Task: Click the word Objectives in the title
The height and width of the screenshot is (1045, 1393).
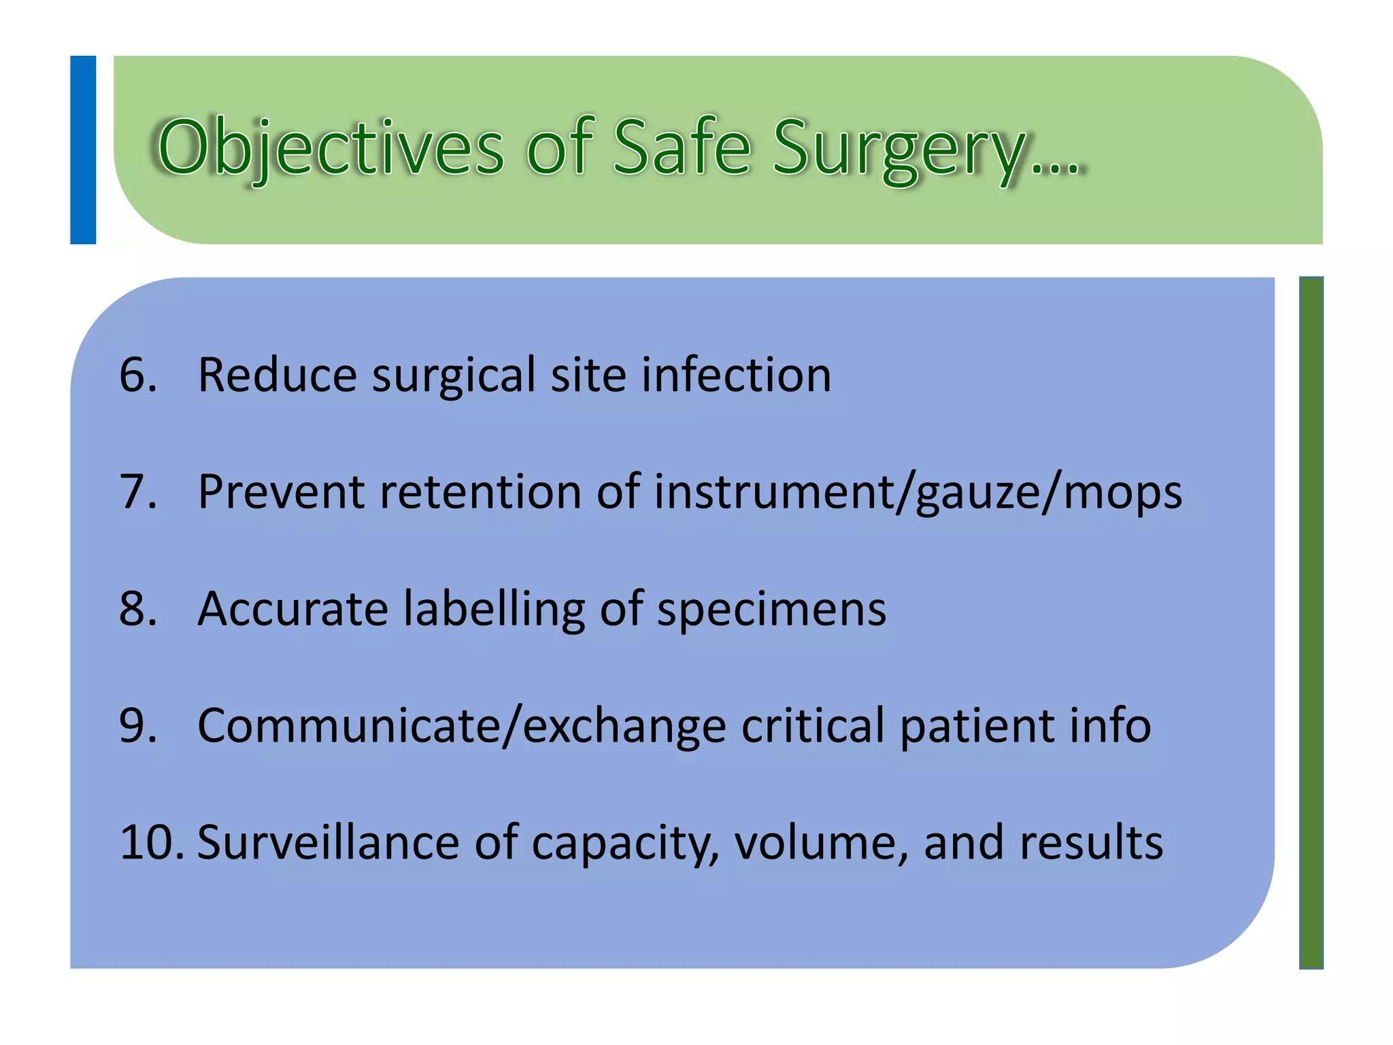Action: click(x=331, y=148)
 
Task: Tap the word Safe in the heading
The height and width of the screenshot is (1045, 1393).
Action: click(x=682, y=147)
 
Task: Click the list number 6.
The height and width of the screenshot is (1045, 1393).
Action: click(x=138, y=375)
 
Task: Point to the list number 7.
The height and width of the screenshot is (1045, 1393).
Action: click(x=138, y=491)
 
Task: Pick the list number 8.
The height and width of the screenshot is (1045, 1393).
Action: click(x=138, y=608)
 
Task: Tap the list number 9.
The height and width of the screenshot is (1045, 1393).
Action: click(x=138, y=725)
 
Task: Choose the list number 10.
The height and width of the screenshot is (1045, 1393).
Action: click(x=151, y=842)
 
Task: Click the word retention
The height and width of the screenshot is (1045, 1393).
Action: click(x=480, y=491)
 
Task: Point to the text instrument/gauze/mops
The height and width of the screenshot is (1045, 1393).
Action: click(x=918, y=493)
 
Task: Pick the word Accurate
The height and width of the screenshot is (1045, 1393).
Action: click(x=292, y=608)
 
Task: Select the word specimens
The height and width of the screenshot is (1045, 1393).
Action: click(x=771, y=610)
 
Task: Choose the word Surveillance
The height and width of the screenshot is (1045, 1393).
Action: click(x=328, y=842)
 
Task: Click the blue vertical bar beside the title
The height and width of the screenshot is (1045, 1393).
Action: click(x=83, y=150)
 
